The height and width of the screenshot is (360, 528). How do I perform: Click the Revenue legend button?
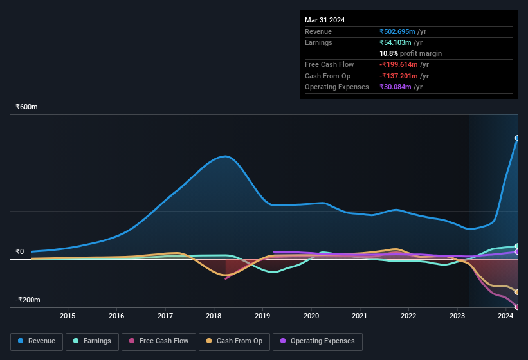click(37, 341)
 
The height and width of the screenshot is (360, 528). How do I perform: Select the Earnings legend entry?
click(92, 341)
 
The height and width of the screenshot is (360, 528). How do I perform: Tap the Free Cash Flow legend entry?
click(159, 341)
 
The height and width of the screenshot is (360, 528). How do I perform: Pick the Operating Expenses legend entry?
click(318, 341)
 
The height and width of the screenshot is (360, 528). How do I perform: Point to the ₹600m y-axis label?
click(27, 107)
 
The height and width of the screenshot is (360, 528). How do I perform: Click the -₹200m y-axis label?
click(27, 300)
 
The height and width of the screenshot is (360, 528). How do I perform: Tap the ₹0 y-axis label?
click(20, 252)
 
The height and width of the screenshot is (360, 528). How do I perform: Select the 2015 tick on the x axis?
click(68, 316)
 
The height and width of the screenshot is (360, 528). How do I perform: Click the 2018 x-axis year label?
click(214, 316)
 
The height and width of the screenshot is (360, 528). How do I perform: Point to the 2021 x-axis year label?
click(360, 316)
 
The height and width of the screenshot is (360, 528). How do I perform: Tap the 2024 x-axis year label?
click(505, 316)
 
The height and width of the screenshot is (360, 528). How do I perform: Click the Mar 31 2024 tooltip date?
click(325, 20)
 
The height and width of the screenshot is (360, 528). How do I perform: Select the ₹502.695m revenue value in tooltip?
click(397, 32)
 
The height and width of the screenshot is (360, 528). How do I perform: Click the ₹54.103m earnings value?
click(396, 42)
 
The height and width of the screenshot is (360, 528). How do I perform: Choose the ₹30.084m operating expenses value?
click(396, 87)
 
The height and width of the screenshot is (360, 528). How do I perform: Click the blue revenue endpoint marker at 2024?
click(517, 138)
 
